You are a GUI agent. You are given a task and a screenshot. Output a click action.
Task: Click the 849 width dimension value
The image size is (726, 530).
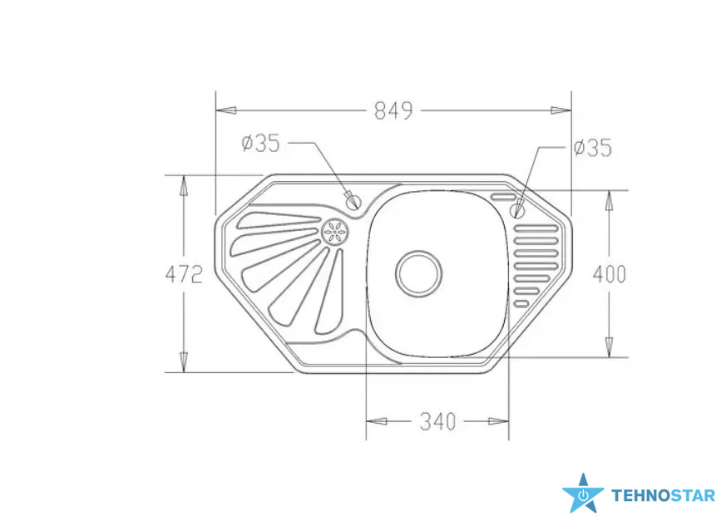pos(393,111)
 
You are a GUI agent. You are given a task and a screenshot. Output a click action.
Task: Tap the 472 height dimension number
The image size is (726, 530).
pos(184,275)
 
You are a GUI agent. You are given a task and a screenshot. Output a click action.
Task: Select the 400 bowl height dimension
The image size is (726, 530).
pos(610,274)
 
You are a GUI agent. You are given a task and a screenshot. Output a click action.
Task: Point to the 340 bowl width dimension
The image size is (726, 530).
pos(437,421)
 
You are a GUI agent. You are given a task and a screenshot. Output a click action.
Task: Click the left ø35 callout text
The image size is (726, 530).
pos(261,143)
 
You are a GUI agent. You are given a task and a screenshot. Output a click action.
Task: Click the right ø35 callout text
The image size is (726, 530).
pos(593,148)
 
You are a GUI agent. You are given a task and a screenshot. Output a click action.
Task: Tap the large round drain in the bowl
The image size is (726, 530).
pos(418,274)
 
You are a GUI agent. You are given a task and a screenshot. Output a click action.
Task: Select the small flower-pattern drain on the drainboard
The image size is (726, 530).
pos(335,231)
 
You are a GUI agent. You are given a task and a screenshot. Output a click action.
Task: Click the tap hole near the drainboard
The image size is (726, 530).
pos(353,201)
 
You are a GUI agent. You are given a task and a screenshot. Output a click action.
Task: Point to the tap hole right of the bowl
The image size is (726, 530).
pos(517,211)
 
